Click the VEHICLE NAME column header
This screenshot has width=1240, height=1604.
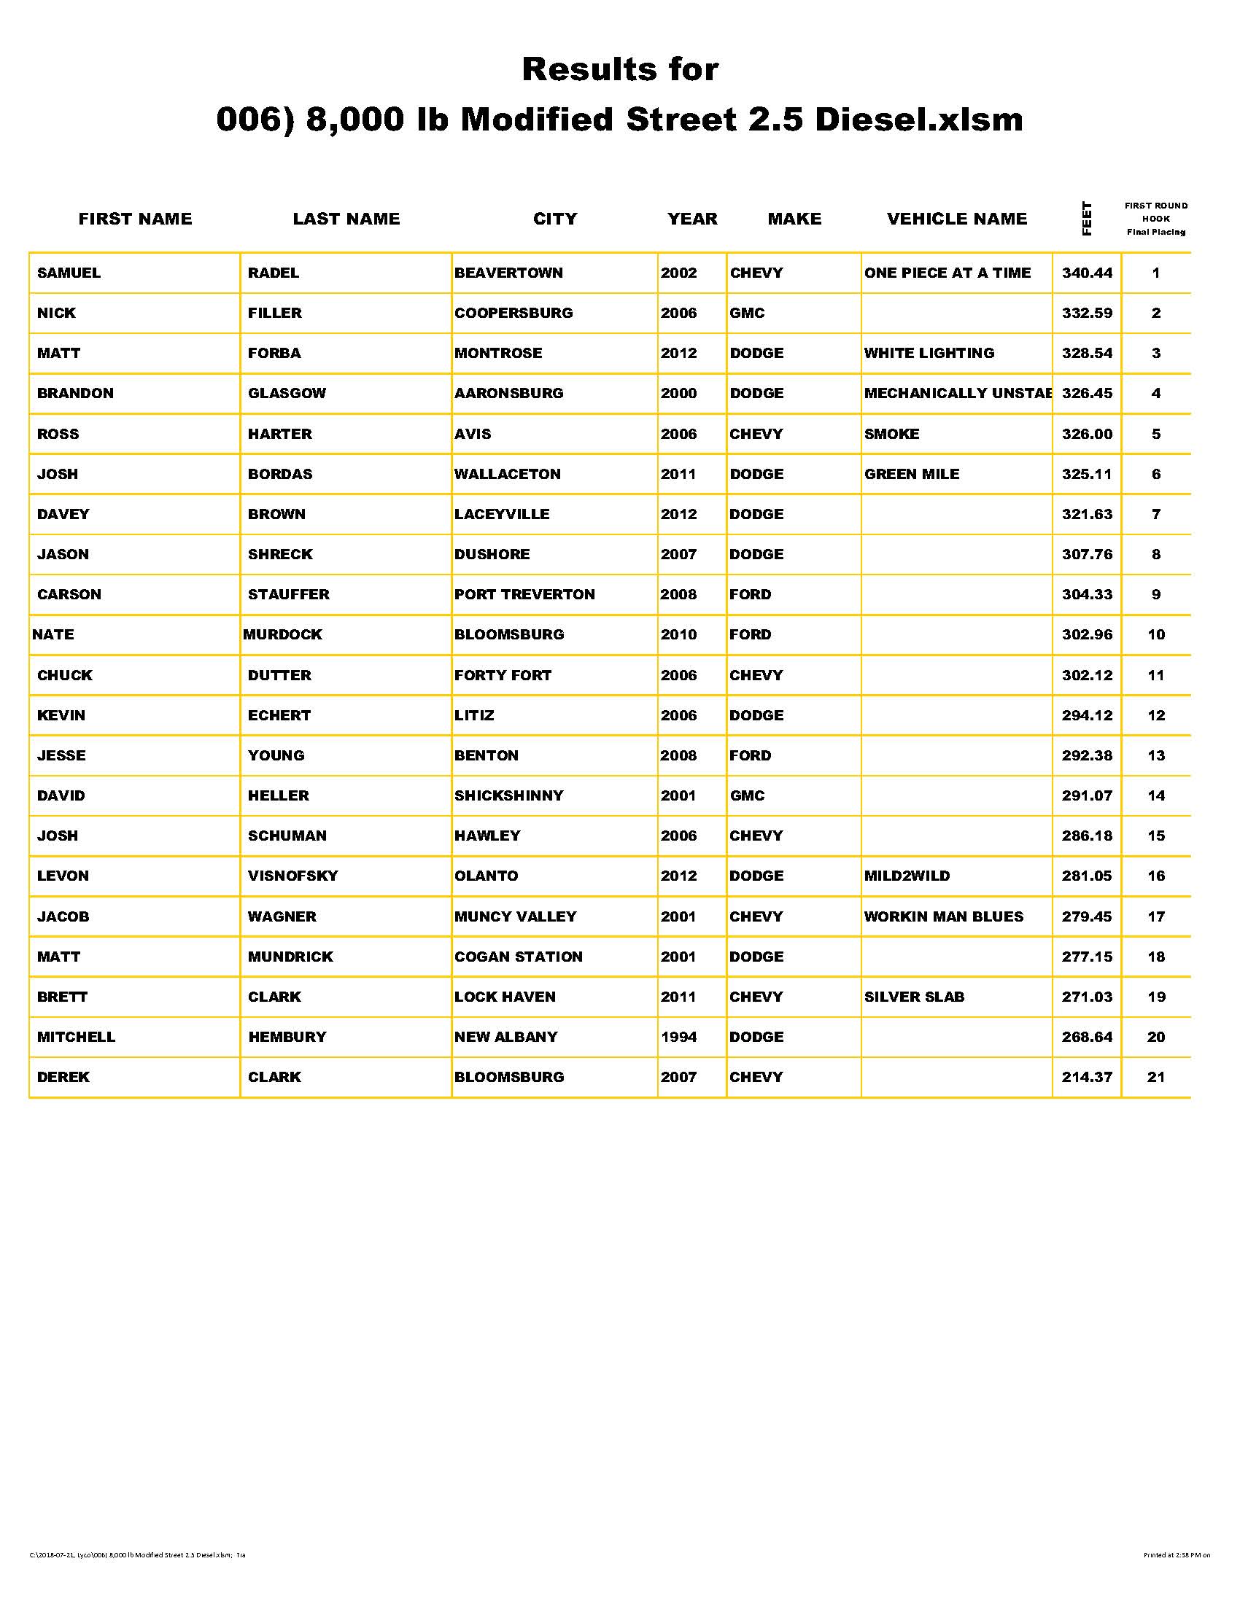pyautogui.click(x=956, y=219)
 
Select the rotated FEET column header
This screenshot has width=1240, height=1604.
pyautogui.click(x=1087, y=218)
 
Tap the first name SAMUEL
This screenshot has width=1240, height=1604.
pyautogui.click(x=69, y=273)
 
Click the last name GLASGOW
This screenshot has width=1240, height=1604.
pyautogui.click(x=287, y=394)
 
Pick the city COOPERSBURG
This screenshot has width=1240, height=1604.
pyautogui.click(x=514, y=313)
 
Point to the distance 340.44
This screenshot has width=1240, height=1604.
pyautogui.click(x=1087, y=273)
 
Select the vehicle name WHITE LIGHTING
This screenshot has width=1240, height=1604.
pyautogui.click(x=929, y=354)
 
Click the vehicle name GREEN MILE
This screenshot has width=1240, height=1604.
pyautogui.click(x=912, y=475)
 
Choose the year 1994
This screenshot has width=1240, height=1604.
pyautogui.click(x=678, y=1037)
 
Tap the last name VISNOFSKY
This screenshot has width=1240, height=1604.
pyautogui.click(x=292, y=876)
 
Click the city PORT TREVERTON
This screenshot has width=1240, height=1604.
pyautogui.click(x=524, y=595)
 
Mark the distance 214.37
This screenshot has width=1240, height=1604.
pyautogui.click(x=1087, y=1078)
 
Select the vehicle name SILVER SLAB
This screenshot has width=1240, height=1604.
pyautogui.click(x=914, y=997)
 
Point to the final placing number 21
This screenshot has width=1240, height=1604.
pyautogui.click(x=1155, y=1078)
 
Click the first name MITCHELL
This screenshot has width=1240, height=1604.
pyautogui.click(x=77, y=1037)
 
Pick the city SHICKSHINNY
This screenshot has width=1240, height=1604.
pyautogui.click(x=508, y=796)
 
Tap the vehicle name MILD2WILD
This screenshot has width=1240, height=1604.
pyautogui.click(x=907, y=876)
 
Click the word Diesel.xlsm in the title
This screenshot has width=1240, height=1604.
pyautogui.click(x=918, y=120)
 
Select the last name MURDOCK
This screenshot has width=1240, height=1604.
pyautogui.click(x=283, y=634)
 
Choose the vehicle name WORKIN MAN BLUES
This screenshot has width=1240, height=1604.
pyautogui.click(x=943, y=916)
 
